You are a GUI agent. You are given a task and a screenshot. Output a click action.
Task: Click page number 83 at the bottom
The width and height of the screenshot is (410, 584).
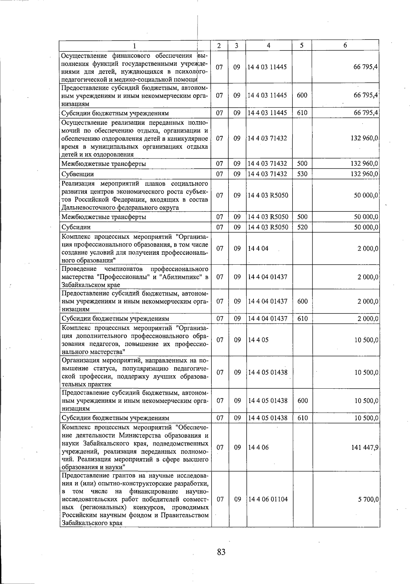click(221, 552)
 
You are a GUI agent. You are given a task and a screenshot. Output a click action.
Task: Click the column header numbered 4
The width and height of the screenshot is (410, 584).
click(269, 45)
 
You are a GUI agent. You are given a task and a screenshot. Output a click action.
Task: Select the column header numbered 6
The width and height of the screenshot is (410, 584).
click(345, 45)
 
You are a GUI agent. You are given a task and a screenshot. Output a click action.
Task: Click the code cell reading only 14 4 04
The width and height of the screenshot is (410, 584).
click(258, 249)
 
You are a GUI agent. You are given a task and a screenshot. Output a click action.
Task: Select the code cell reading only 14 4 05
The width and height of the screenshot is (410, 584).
click(258, 340)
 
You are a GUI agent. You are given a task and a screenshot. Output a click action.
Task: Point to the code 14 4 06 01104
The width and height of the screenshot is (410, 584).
click(268, 499)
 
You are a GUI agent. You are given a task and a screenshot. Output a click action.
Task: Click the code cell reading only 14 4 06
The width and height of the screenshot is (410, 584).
click(258, 447)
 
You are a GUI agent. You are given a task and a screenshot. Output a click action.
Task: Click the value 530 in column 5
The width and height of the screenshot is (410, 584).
click(302, 174)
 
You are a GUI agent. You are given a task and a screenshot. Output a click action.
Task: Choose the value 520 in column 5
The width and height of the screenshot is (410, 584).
click(302, 227)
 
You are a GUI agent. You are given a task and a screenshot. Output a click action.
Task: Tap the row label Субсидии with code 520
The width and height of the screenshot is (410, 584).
click(76, 227)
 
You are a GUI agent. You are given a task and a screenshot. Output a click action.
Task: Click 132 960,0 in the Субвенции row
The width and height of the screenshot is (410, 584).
click(365, 174)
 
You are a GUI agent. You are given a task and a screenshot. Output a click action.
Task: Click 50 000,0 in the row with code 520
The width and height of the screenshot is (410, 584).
click(366, 227)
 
